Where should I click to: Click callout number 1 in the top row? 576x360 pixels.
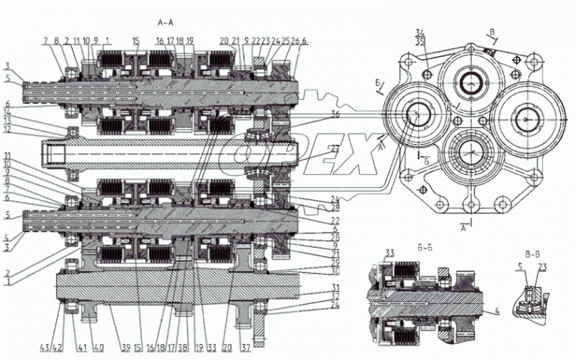pyautogui.click(x=108, y=40)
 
